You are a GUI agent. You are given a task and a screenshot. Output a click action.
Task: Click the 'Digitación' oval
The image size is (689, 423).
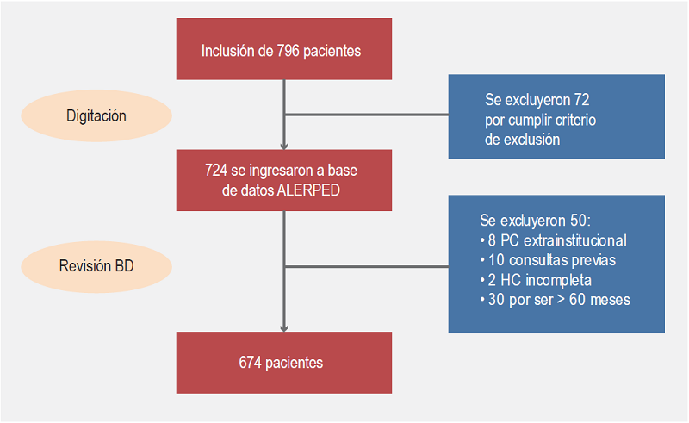point(96,115)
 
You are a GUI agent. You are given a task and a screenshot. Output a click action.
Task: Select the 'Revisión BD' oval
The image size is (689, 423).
point(96,265)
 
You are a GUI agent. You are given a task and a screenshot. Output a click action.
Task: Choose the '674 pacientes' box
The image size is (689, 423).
point(284,363)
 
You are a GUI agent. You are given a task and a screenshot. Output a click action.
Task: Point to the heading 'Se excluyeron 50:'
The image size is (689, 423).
point(534,220)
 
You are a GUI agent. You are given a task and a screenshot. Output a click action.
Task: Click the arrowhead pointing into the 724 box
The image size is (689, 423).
point(284,144)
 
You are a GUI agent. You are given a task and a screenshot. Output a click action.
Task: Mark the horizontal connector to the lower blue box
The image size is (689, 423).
point(366,265)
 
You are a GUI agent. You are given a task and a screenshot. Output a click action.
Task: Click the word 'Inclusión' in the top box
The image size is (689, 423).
point(228,51)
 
